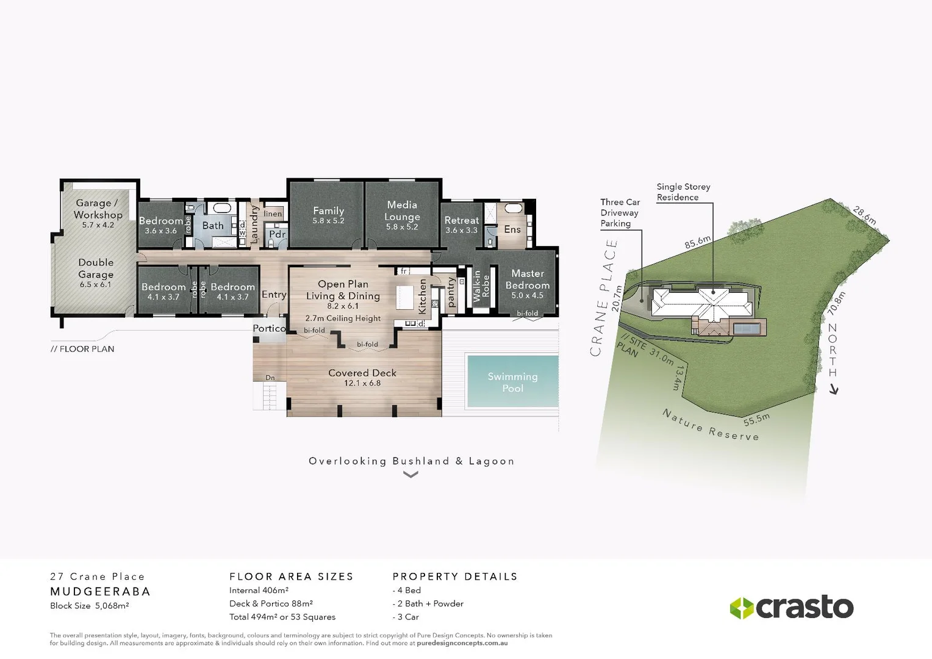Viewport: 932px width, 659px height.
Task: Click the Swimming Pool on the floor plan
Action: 512,382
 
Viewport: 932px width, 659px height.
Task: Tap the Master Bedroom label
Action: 527,279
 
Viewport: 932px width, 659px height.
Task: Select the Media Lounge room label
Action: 402,211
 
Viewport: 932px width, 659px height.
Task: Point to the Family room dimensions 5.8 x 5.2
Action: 328,221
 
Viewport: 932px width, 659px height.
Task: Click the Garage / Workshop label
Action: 98,209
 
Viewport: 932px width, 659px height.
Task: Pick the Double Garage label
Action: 96,268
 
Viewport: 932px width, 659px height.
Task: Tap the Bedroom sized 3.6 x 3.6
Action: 160,225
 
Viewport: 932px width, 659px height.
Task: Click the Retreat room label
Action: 461,220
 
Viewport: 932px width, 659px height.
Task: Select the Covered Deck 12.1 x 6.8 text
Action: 362,378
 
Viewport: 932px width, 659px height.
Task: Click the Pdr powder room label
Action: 277,234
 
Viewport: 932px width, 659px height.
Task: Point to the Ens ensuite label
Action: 512,229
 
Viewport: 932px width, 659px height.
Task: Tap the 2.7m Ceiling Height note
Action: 343,319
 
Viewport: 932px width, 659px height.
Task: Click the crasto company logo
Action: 792,607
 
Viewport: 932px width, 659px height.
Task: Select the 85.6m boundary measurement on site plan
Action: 697,242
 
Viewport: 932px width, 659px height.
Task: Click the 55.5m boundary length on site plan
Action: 756,420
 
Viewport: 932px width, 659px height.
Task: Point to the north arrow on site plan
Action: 834,389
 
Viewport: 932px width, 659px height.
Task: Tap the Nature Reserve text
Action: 711,425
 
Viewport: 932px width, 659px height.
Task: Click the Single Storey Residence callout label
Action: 683,192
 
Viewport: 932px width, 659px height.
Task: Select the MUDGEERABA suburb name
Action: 100,591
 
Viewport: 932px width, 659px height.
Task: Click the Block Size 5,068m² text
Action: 89,606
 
